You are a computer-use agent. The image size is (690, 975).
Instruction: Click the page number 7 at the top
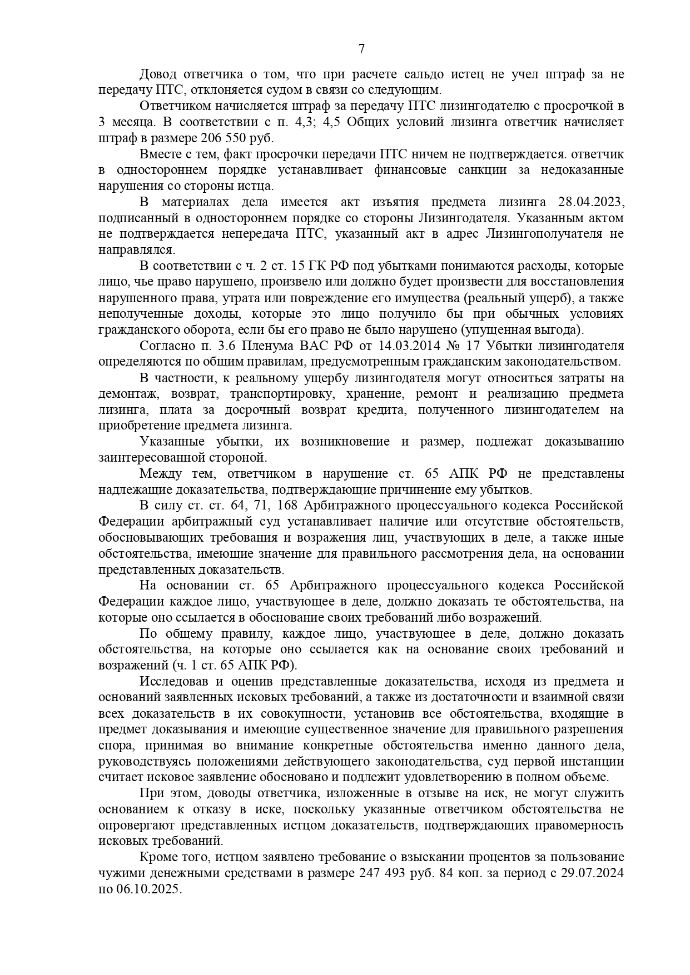[361, 49]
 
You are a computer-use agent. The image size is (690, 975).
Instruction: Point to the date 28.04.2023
[590, 202]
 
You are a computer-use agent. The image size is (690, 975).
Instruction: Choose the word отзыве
[358, 793]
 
